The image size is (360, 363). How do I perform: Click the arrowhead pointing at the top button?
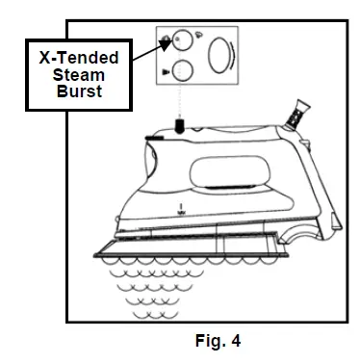coord(164,42)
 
